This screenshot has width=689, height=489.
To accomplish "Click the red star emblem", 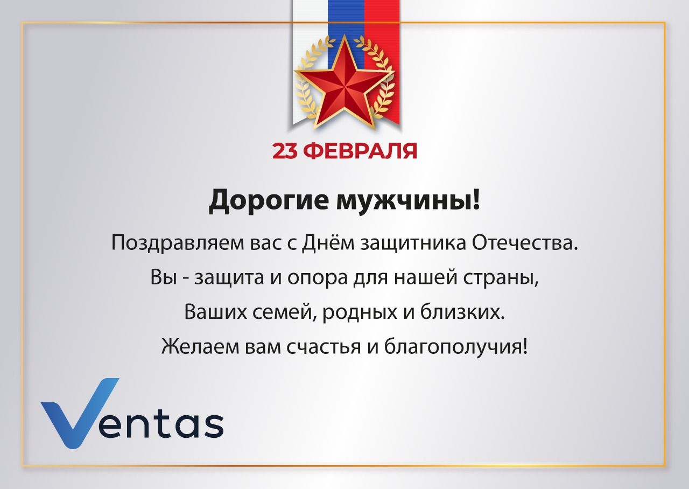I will pyautogui.click(x=344, y=86).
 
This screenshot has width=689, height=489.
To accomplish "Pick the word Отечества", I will pyautogui.click(x=525, y=243).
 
